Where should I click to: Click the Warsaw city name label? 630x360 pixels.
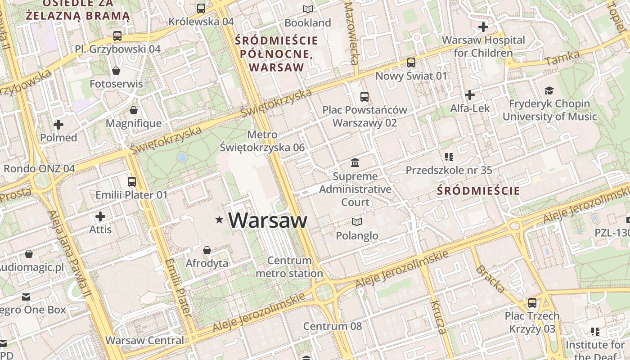tap(268, 220)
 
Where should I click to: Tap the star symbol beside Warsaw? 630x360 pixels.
tap(219, 220)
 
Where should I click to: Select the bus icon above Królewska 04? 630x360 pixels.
tap(201, 8)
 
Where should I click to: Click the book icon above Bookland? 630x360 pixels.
tap(308, 9)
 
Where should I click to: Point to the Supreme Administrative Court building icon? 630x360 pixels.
tap(355, 162)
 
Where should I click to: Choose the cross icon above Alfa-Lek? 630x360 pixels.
tap(470, 95)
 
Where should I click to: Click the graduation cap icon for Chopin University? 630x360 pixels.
tap(549, 90)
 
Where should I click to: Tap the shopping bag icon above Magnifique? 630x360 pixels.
tap(134, 110)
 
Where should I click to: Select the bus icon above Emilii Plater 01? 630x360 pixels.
tap(131, 181)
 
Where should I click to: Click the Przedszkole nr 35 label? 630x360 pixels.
tap(449, 171)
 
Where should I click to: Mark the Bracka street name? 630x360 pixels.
tap(490, 279)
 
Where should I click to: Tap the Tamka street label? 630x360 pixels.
tap(562, 58)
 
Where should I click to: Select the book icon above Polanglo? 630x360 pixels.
tap(357, 222)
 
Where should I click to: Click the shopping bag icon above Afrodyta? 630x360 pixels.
tap(207, 250)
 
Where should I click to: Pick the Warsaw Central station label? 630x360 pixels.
tap(144, 340)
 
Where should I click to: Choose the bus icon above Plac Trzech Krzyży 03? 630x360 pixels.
tap(532, 302)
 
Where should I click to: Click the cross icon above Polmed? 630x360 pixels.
tap(58, 125)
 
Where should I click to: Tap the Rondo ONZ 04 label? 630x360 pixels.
tap(39, 169)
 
